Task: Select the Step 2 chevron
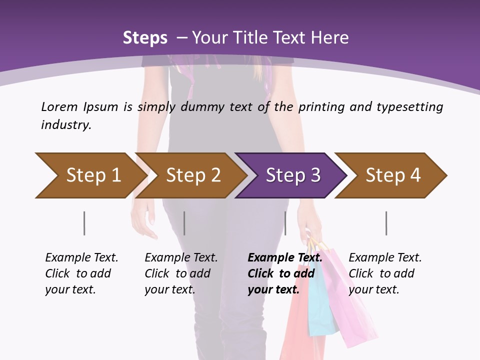[192, 175]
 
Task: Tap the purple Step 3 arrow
[292, 175]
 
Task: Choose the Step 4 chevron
[392, 175]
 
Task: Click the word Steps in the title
[145, 38]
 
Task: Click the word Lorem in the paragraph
[59, 107]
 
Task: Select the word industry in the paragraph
[65, 125]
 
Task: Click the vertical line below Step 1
[84, 223]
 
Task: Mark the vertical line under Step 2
[184, 223]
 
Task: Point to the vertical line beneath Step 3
[285, 223]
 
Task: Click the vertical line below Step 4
[386, 223]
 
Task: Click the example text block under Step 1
[81, 273]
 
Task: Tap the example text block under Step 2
[181, 273]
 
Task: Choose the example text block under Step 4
[385, 273]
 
